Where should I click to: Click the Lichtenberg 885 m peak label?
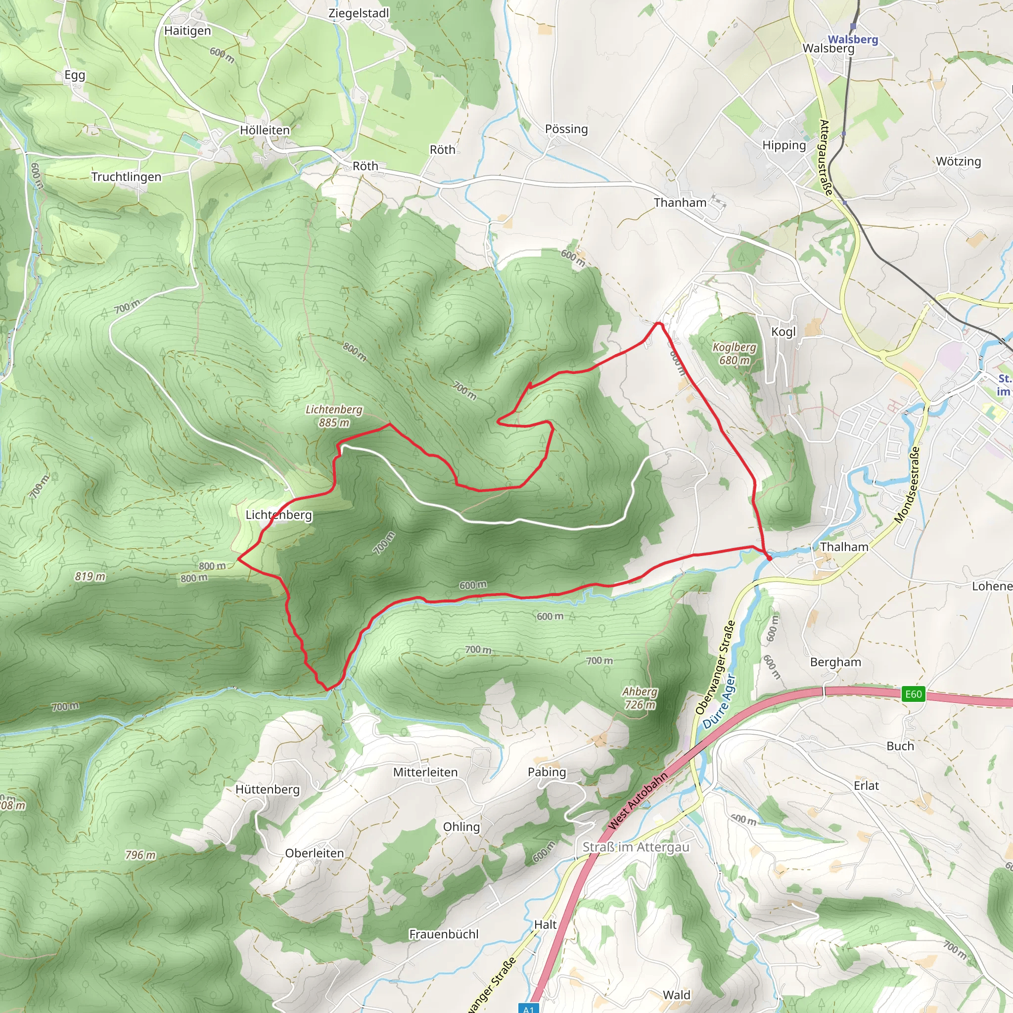pos(334,416)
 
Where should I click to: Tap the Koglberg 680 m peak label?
pos(734,353)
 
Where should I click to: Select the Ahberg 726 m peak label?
pos(640,698)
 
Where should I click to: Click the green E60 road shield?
pos(913,694)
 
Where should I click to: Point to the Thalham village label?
pos(844,547)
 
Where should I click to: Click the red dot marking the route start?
pos(769,558)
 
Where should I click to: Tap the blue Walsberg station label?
pos(853,40)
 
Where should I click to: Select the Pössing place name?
pos(566,129)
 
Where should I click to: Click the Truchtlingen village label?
pos(126,177)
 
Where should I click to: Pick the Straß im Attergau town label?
pos(636,847)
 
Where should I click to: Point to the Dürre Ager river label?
pos(719,701)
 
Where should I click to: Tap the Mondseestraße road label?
pos(907,485)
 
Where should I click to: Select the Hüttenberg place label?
pos(268,789)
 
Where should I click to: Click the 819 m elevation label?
pos(90,577)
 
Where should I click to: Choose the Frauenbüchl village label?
pos(444,934)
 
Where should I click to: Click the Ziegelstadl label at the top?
pos(359,13)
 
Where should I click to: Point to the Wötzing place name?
pos(959,161)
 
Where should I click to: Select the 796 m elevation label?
pos(140,855)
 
